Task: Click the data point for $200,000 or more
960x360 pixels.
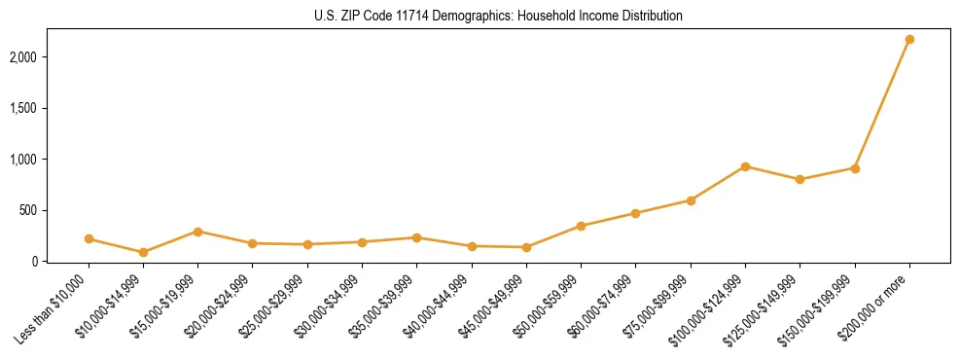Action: pyautogui.click(x=909, y=40)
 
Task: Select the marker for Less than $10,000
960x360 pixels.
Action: pyautogui.click(x=89, y=238)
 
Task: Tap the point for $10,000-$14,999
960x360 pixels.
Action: pyautogui.click(x=143, y=252)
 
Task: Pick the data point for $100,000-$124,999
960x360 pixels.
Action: pyautogui.click(x=745, y=166)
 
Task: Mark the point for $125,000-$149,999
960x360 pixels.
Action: pyautogui.click(x=800, y=179)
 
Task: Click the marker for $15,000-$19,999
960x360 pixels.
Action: pyautogui.click(x=197, y=232)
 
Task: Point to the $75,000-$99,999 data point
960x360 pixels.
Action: pyautogui.click(x=691, y=200)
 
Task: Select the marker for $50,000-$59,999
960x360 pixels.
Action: pyautogui.click(x=581, y=226)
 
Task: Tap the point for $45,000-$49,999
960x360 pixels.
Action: pyautogui.click(x=526, y=247)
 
